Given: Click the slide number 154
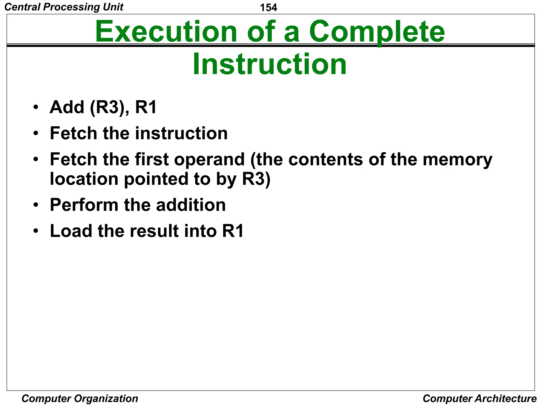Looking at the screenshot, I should pyautogui.click(x=268, y=7).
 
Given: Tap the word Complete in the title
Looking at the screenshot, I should pyautogui.click(x=377, y=32).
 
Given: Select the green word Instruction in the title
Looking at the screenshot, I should pyautogui.click(x=269, y=64).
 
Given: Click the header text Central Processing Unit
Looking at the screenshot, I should pyautogui.click(x=64, y=7).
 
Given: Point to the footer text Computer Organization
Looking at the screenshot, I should pyautogui.click(x=80, y=399).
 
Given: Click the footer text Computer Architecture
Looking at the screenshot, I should pyautogui.click(x=480, y=399).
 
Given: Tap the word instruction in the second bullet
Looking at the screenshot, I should pyautogui.click(x=181, y=133).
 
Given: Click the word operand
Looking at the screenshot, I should pyautogui.click(x=209, y=160).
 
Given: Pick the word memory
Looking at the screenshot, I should pyautogui.click(x=457, y=160).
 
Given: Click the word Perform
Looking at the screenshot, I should pyautogui.click(x=84, y=205).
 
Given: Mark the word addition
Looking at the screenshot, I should pyautogui.click(x=191, y=205).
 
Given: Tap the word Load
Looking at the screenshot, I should pyautogui.click(x=71, y=231).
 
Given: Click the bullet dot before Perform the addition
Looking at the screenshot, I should pyautogui.click(x=36, y=205).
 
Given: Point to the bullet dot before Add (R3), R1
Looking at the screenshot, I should pyautogui.click(x=36, y=107).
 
